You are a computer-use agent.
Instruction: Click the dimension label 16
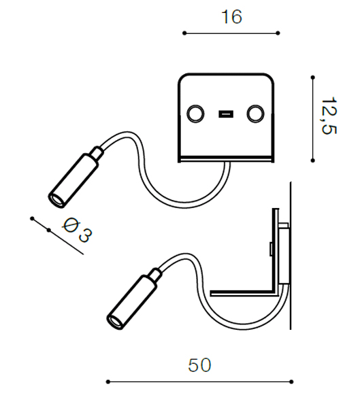(x=231, y=17)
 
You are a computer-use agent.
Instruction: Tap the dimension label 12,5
(x=329, y=116)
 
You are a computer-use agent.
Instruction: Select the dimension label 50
(x=199, y=365)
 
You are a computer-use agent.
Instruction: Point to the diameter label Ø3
(x=78, y=230)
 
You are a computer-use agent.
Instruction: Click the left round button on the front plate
(x=195, y=114)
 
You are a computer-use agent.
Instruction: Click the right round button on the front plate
(x=256, y=114)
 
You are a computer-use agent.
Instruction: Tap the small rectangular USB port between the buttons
(x=225, y=114)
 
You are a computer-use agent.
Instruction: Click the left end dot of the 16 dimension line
(x=184, y=33)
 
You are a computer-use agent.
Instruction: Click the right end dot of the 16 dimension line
(x=278, y=33)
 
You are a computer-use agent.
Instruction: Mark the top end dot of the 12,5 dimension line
(x=313, y=78)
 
